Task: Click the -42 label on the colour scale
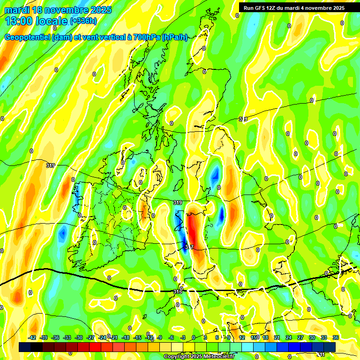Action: coord(32,337)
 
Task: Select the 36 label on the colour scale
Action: coord(336,337)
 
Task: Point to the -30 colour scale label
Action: coord(79,337)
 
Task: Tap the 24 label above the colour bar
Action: coord(289,337)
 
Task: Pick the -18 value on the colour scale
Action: coord(126,337)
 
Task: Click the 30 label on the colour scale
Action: coord(312,337)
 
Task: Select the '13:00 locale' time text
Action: coord(36,21)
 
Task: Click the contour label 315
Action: coord(178,292)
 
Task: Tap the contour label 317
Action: coord(188,247)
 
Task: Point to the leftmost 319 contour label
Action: coord(51,165)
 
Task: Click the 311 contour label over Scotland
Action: coord(243,120)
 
